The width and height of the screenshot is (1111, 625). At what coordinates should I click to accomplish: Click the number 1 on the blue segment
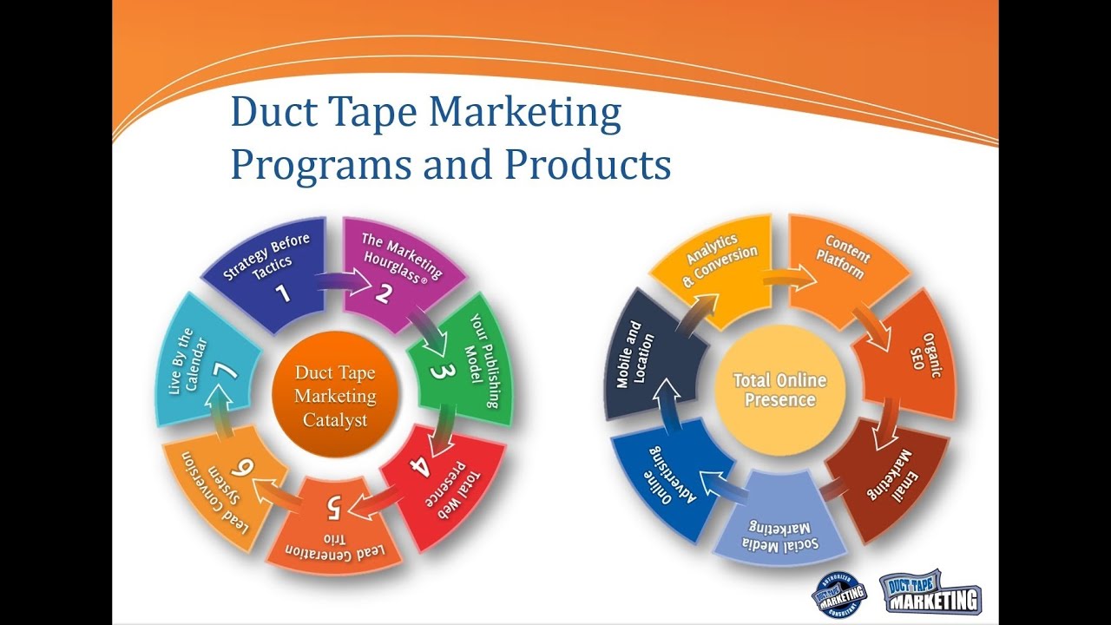283,293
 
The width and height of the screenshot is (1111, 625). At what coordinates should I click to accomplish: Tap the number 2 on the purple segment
383,292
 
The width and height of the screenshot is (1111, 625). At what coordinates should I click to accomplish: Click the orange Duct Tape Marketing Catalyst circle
335,396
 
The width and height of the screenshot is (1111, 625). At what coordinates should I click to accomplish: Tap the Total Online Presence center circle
779,390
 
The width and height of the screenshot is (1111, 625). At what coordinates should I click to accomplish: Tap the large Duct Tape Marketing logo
929,593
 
